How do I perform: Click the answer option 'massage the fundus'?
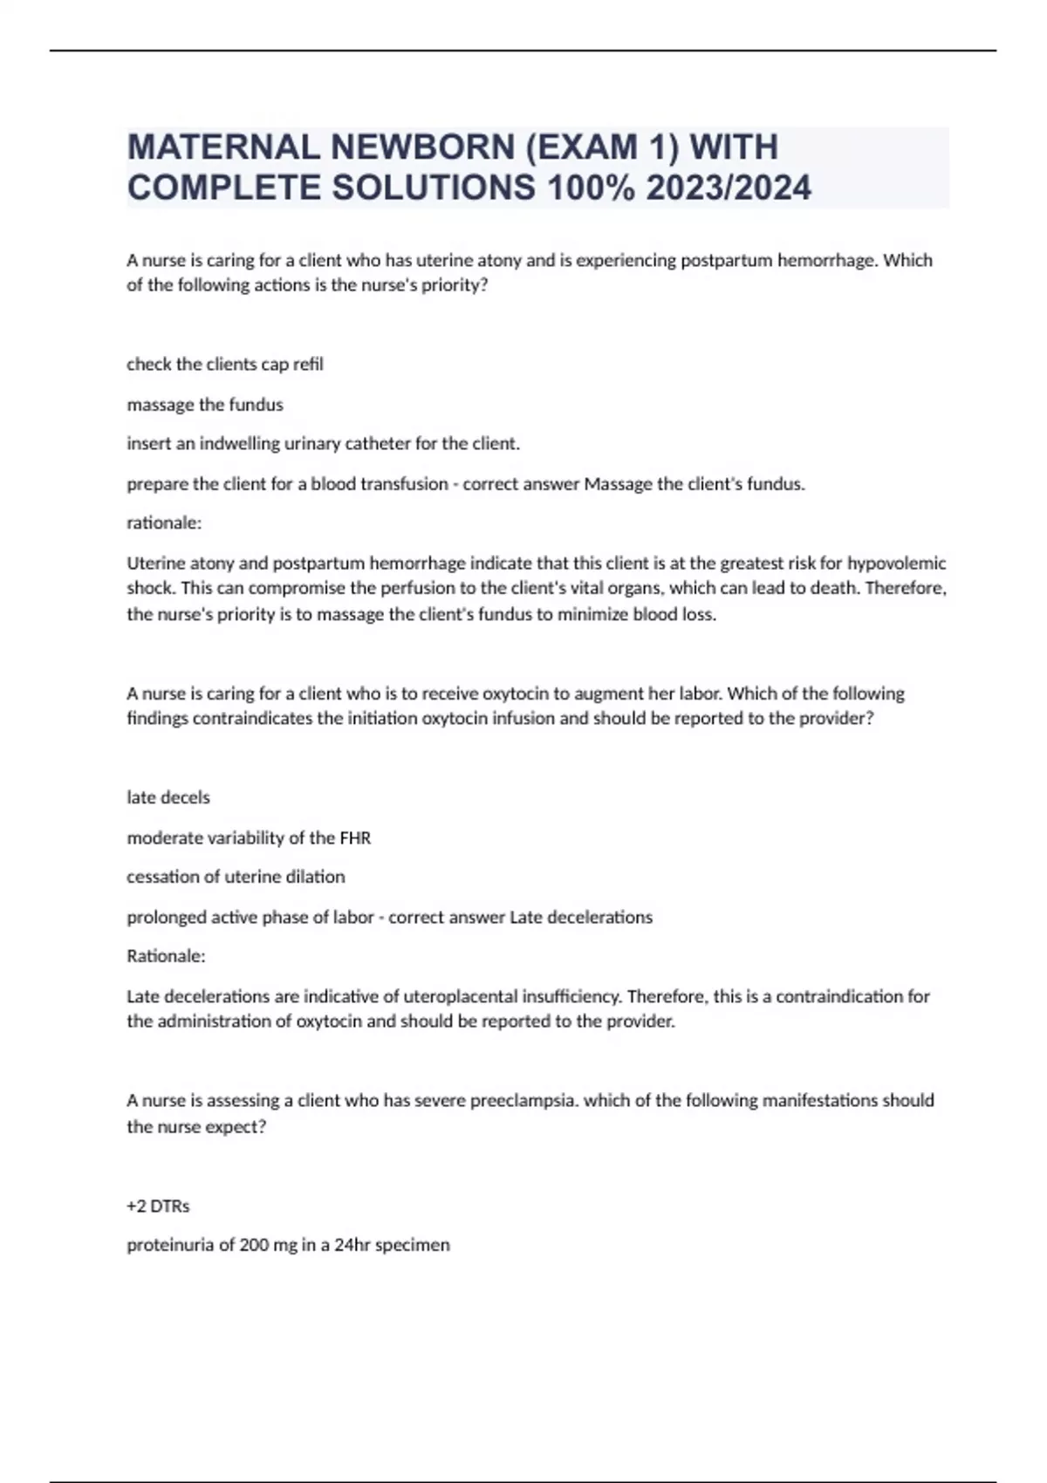pyautogui.click(x=205, y=405)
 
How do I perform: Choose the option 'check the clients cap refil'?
pyautogui.click(x=225, y=364)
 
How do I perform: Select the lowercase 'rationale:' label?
pyautogui.click(x=164, y=523)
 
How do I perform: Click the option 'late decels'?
pyautogui.click(x=168, y=797)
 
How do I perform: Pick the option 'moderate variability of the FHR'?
pyautogui.click(x=249, y=838)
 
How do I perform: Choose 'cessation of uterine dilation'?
pyautogui.click(x=236, y=877)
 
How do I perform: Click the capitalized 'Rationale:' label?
pyautogui.click(x=166, y=956)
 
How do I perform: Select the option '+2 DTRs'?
pyautogui.click(x=158, y=1206)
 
